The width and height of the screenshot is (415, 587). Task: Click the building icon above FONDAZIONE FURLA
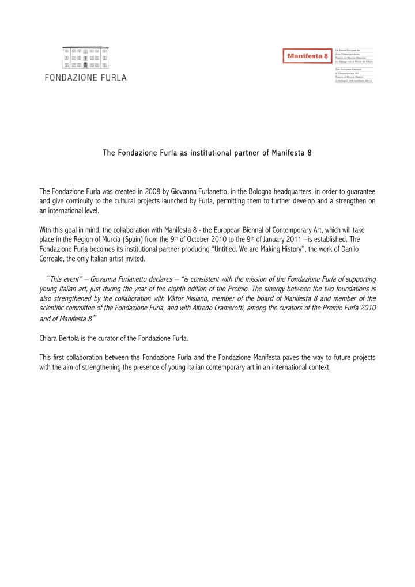click(x=86, y=58)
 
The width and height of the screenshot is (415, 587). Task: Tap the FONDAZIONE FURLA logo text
click(x=86, y=77)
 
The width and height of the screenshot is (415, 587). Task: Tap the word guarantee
click(x=359, y=191)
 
